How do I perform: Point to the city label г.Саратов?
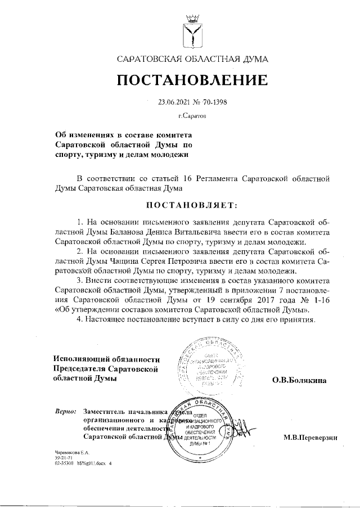[192, 116]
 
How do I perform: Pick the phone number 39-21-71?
[62, 458]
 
